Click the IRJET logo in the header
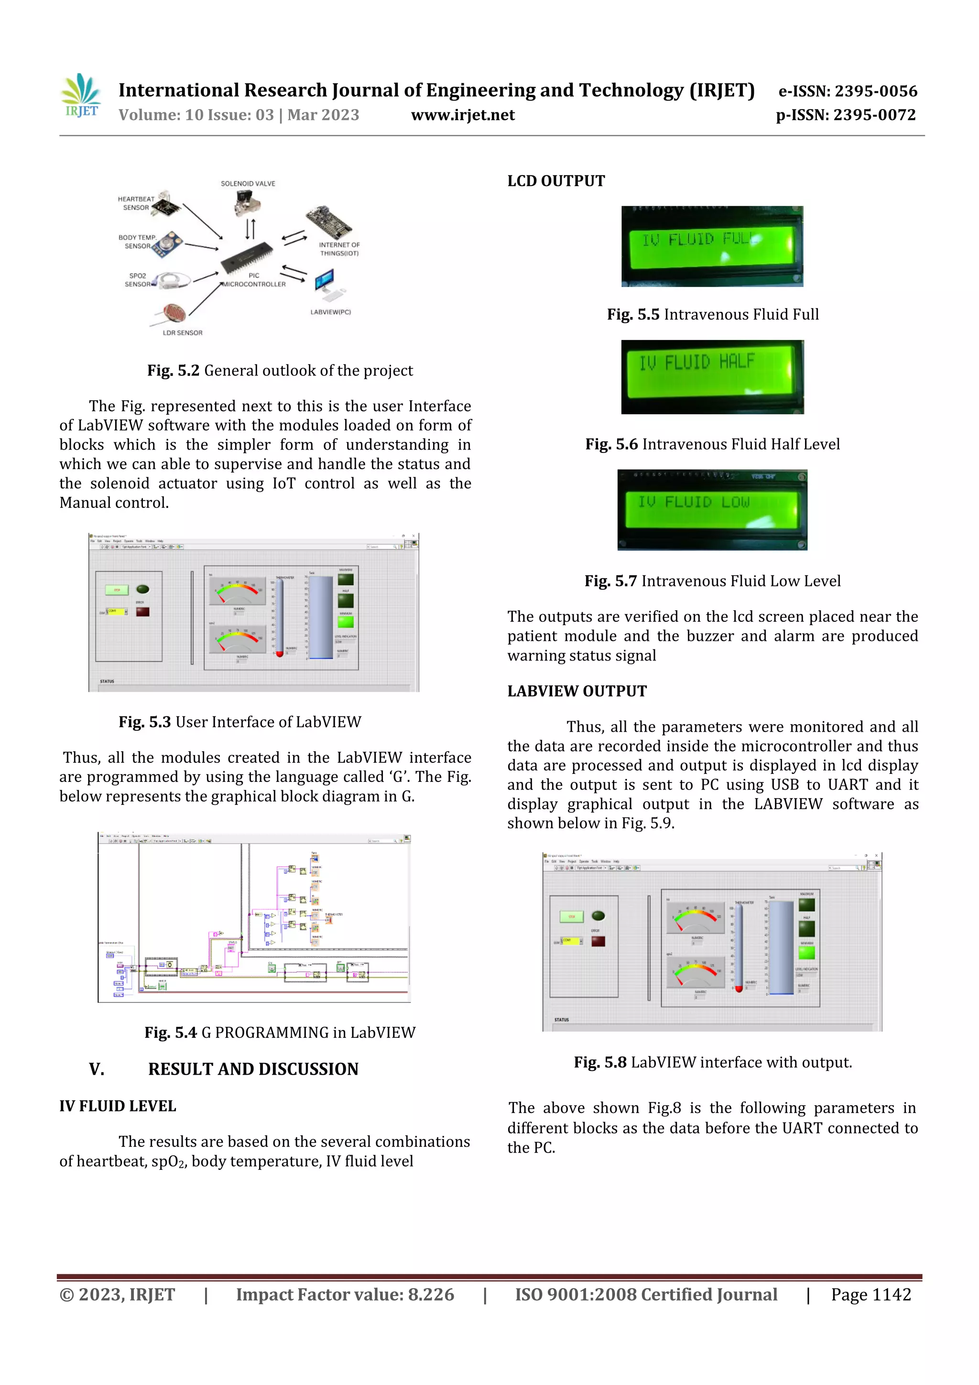81,95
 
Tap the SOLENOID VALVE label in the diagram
248,183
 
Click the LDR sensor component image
174,313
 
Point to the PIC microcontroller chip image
247,259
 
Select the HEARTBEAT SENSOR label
136,203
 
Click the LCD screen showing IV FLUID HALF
712,377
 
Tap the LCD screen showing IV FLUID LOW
712,510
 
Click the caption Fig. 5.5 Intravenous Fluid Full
713,314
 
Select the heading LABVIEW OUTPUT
577,691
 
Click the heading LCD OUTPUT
556,181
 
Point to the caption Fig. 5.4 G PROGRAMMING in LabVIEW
280,1032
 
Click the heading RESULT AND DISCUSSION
253,1069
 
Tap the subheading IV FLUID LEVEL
118,1106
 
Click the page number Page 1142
870,1295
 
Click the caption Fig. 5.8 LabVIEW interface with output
713,1062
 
